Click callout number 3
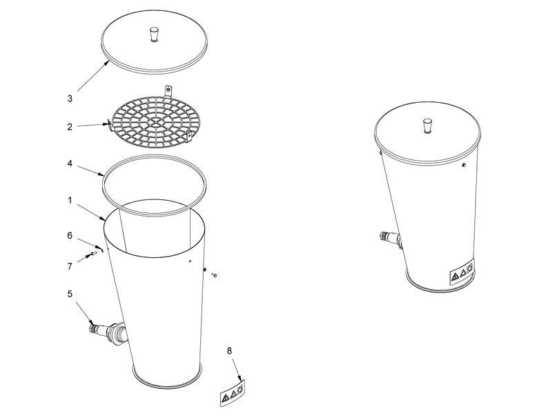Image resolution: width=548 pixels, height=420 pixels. tap(70, 99)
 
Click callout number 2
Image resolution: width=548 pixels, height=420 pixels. tap(70, 127)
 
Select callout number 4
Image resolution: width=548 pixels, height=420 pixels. tap(70, 163)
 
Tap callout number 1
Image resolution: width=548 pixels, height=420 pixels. tap(70, 201)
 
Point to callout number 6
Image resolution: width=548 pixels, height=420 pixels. tap(70, 236)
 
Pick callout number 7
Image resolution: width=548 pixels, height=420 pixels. tap(70, 266)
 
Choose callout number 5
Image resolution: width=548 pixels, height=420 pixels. tap(70, 294)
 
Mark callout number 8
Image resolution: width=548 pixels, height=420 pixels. tap(229, 350)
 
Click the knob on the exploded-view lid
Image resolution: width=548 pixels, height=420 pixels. tap(154, 34)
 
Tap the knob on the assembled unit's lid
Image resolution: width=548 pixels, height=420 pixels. tap(427, 126)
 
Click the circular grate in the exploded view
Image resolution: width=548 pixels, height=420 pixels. tap(156, 121)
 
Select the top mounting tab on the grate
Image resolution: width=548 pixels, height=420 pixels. tap(168, 91)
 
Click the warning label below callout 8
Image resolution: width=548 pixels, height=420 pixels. tap(233, 393)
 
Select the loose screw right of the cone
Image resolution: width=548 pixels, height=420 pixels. tap(215, 275)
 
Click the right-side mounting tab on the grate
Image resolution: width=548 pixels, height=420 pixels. tap(189, 137)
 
